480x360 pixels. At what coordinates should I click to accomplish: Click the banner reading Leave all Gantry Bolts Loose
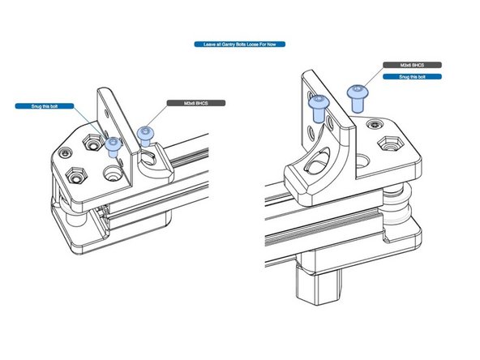click(239, 44)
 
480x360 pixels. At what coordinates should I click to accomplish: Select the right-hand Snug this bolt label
click(412, 77)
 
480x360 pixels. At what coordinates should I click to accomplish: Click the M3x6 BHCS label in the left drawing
click(193, 105)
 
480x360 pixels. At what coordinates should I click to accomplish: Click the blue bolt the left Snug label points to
click(114, 145)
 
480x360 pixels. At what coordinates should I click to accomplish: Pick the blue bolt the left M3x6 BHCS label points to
click(146, 133)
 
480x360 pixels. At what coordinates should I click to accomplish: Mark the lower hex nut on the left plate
click(78, 175)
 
